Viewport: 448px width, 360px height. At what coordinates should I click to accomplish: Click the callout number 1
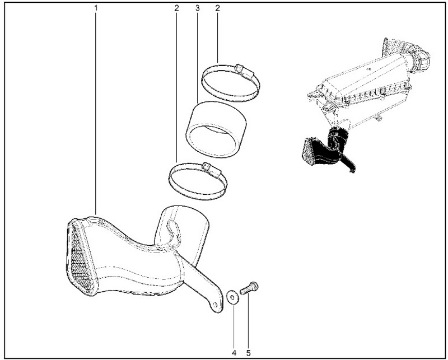click(x=96, y=8)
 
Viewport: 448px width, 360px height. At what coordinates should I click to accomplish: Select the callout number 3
click(x=198, y=8)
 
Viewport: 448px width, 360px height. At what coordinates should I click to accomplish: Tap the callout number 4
click(x=234, y=353)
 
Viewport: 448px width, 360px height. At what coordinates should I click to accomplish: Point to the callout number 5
click(x=248, y=353)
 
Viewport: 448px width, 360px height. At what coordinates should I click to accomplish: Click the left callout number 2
click(x=176, y=8)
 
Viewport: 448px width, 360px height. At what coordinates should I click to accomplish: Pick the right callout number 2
click(x=217, y=8)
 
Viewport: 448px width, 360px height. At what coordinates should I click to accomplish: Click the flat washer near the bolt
click(x=232, y=297)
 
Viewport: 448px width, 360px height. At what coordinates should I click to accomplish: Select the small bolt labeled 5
click(x=249, y=287)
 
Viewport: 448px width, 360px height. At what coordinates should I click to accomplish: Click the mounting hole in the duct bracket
click(x=215, y=305)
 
